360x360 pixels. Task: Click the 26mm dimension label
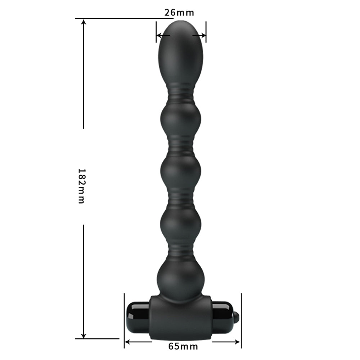click(x=179, y=12)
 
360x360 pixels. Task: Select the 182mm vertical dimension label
click(x=82, y=186)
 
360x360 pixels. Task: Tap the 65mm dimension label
click(x=183, y=346)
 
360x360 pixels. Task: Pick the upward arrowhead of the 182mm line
click(x=84, y=22)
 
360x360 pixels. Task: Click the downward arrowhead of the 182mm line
click(x=84, y=336)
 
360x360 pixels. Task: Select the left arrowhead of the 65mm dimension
click(x=127, y=342)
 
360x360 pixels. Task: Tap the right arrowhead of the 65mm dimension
click(x=238, y=342)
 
